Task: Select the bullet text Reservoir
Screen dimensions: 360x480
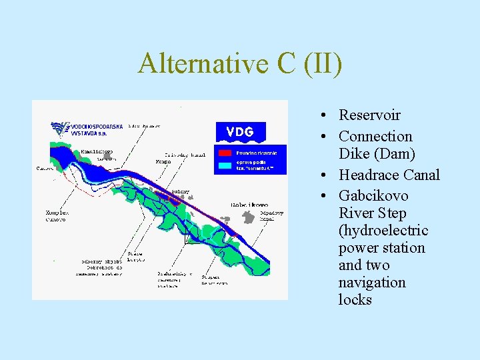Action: tap(369, 115)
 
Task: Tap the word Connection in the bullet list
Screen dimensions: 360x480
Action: tap(375, 136)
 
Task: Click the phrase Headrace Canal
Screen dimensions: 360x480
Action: tap(389, 175)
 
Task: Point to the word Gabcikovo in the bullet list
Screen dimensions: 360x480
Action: tap(373, 195)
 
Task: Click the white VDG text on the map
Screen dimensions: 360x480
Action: tap(239, 131)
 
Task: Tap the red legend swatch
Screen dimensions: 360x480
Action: tap(225, 153)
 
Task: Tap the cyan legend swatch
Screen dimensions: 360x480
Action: tap(225, 165)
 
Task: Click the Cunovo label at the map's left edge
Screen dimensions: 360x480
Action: tap(44, 168)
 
